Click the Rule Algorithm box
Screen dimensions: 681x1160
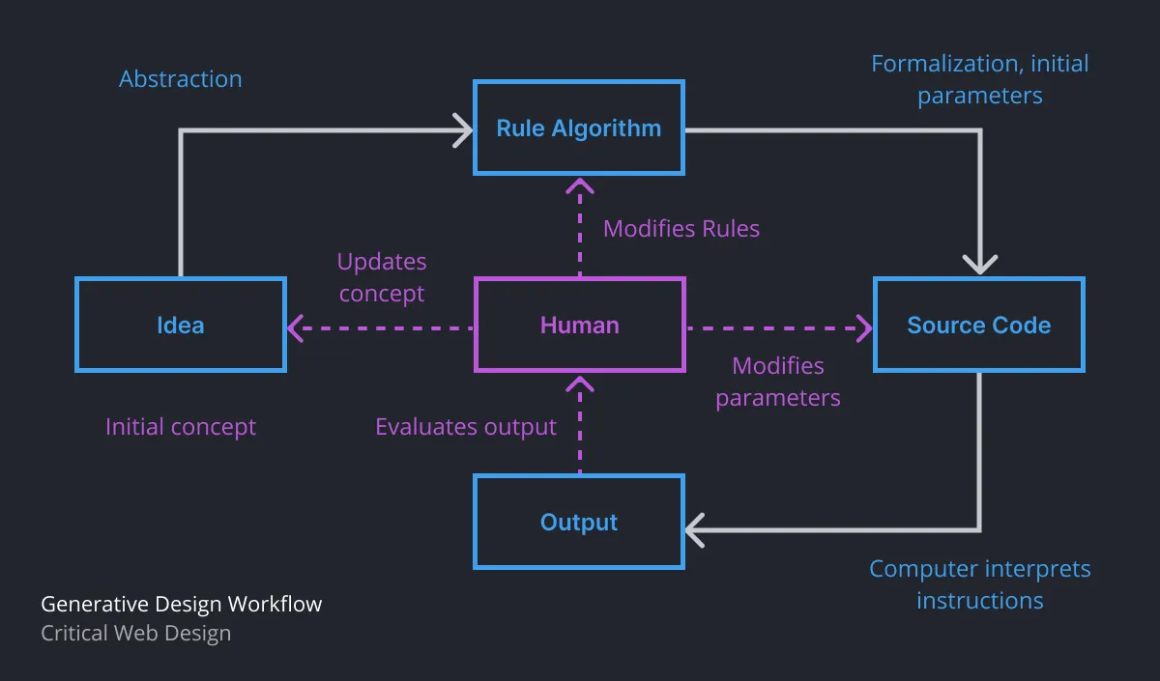[578, 128]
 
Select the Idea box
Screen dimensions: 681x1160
[181, 325]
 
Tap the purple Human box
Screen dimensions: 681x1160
[579, 325]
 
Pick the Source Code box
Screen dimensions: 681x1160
[978, 325]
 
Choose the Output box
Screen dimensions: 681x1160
[578, 522]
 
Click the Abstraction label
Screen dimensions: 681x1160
[181, 79]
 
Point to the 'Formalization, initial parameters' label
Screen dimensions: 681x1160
[979, 79]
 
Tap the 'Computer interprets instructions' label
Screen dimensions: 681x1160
[979, 584]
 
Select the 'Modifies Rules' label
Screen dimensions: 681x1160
[681, 229]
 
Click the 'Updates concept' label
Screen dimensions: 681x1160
[382, 277]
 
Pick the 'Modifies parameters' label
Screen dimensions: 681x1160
[777, 382]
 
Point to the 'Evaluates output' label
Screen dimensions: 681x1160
[466, 427]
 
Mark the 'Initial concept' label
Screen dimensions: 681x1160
[181, 427]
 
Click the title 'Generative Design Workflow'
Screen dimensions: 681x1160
[181, 605]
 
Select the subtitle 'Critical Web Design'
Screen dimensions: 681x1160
[135, 634]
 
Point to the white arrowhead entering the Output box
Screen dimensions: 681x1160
[695, 529]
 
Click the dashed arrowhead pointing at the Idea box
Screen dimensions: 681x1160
[296, 328]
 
